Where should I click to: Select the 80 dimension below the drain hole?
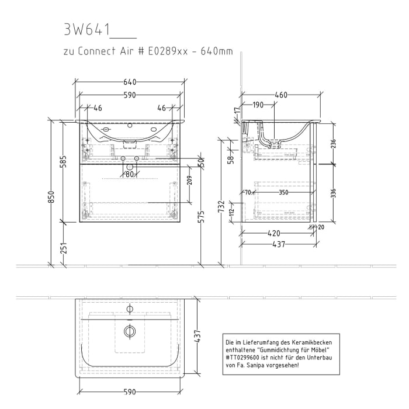(129, 174)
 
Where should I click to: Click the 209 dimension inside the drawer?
(189, 181)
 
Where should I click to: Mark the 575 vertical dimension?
(200, 216)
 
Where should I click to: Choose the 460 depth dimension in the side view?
(282, 95)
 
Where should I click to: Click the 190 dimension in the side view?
(258, 105)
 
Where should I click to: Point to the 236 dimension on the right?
(332, 144)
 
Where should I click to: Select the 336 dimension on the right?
(332, 193)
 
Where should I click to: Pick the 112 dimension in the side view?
(231, 212)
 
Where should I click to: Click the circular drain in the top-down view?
(130, 331)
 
